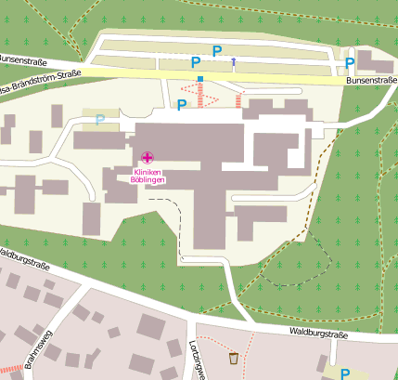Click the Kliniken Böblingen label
click(x=148, y=177)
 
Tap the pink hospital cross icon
click(x=148, y=159)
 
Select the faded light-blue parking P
click(x=99, y=119)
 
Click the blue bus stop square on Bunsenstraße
click(x=200, y=79)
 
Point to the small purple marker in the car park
click(x=233, y=62)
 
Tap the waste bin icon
click(x=233, y=358)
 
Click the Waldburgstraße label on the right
click(x=316, y=330)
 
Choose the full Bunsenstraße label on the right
click(x=370, y=81)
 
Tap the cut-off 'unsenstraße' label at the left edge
click(x=22, y=58)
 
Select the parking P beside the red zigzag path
click(x=182, y=104)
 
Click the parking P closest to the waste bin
click(x=344, y=373)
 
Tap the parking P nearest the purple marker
click(x=218, y=51)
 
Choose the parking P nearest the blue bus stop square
click(x=196, y=62)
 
